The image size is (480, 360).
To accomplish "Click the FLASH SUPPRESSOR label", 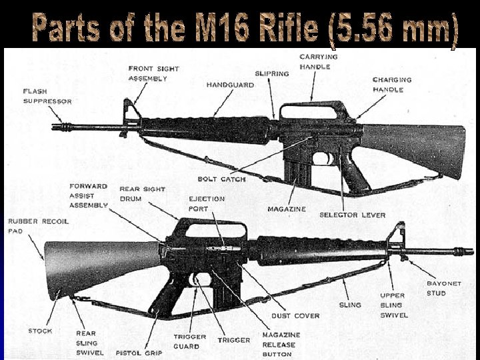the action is click(x=47, y=96).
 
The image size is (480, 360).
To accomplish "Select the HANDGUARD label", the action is click(x=231, y=85).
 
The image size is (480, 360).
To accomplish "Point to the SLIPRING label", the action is click(x=271, y=73).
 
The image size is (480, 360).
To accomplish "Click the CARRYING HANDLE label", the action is click(x=318, y=62).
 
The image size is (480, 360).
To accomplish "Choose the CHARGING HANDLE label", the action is click(x=392, y=85).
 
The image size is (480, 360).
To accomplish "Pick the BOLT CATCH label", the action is click(x=221, y=179).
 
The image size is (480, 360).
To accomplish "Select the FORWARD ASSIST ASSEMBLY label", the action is click(x=88, y=196).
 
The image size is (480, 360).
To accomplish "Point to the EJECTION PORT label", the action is click(x=207, y=203).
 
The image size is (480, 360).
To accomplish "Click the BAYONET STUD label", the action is click(x=443, y=288).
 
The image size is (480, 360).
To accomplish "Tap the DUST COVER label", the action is click(x=295, y=316).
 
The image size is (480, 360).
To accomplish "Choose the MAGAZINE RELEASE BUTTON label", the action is click(x=281, y=345).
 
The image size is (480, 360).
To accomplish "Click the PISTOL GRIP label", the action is click(x=138, y=353).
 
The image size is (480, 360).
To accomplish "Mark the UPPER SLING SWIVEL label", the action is click(x=393, y=305).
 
